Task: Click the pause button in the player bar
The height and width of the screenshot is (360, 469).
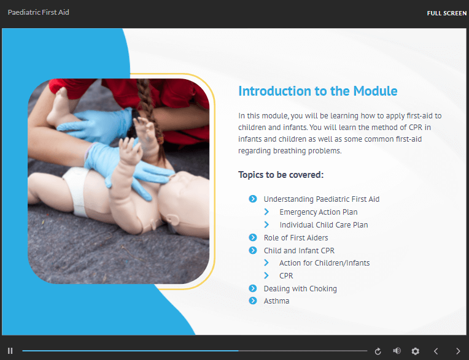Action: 10,351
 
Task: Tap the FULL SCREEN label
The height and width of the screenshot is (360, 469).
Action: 446,13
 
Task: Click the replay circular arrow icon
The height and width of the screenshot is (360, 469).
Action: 378,351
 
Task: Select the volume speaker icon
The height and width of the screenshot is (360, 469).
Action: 397,351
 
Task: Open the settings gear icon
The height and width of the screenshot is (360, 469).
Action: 415,351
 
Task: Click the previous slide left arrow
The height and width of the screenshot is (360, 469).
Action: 436,351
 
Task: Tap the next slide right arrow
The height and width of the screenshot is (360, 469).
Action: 458,351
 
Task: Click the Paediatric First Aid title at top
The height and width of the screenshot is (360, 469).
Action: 38,12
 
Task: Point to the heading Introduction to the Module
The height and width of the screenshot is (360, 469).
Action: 317,91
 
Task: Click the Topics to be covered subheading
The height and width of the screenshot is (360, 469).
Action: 281,175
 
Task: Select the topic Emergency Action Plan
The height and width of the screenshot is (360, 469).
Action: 319,212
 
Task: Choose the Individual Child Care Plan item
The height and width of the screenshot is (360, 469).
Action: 324,224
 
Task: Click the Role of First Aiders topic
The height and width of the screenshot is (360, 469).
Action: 296,238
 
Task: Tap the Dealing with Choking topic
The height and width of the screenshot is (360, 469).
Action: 300,289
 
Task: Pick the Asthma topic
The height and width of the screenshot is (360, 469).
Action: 276,301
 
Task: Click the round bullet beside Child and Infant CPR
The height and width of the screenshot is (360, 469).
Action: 253,250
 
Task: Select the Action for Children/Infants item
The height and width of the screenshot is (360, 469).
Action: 325,263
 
